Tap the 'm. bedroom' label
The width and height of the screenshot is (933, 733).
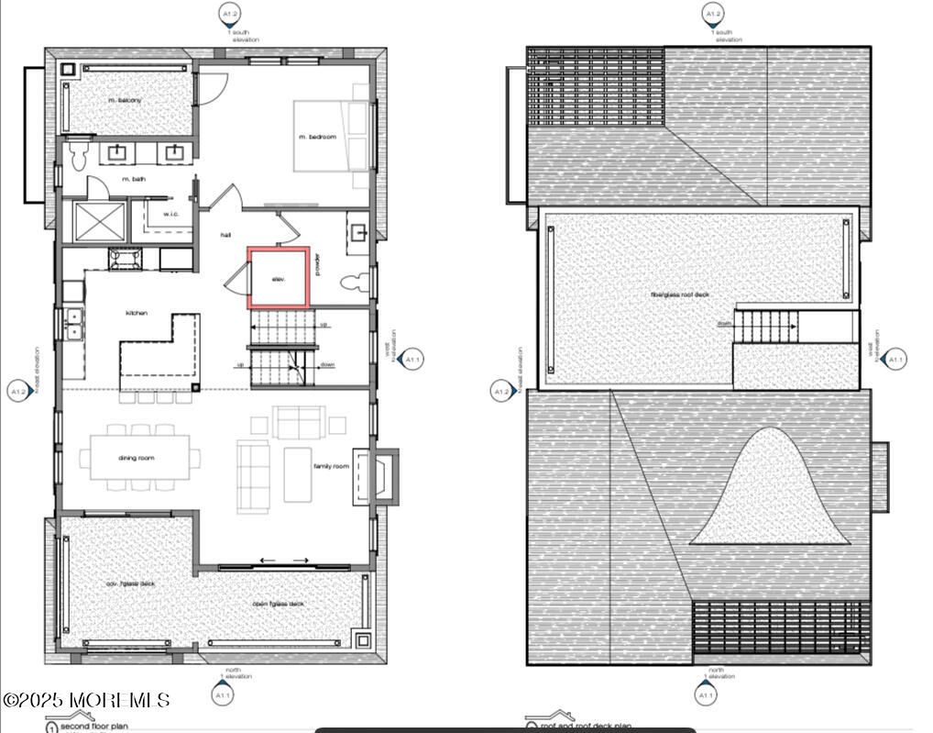pyautogui.click(x=317, y=137)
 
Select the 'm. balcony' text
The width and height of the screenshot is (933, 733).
pyautogui.click(x=125, y=100)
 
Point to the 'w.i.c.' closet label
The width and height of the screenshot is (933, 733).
pyautogui.click(x=171, y=215)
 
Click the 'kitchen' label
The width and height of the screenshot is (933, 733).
pyautogui.click(x=137, y=313)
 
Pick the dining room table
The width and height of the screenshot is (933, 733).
pyautogui.click(x=139, y=457)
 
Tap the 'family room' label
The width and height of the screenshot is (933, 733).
pyautogui.click(x=331, y=467)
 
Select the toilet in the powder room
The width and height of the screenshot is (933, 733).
pyautogui.click(x=353, y=282)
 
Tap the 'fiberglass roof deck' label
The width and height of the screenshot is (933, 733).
pyautogui.click(x=680, y=294)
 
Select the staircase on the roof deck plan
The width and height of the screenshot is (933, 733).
pyautogui.click(x=768, y=326)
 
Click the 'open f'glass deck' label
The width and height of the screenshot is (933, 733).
pyautogui.click(x=279, y=604)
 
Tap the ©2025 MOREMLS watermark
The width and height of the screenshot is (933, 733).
pyautogui.click(x=86, y=700)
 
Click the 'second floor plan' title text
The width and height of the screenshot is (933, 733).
pyautogui.click(x=94, y=727)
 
